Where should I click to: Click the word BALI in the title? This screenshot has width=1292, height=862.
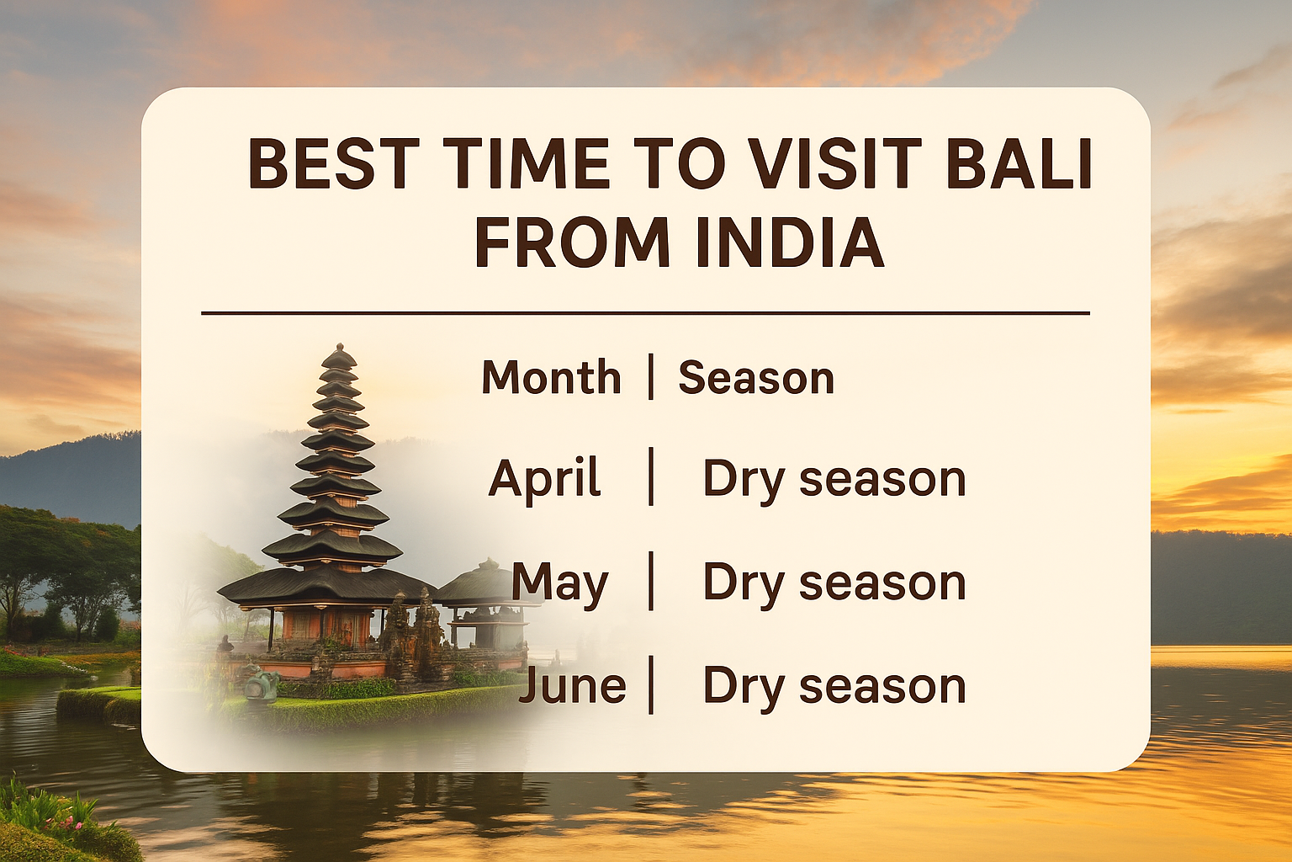1019,163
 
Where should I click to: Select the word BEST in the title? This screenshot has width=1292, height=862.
334,163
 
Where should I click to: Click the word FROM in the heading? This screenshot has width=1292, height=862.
572,243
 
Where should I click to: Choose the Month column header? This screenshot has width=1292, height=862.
551,377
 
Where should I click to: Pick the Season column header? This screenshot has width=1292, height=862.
755,377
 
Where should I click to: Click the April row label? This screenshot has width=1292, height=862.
544,479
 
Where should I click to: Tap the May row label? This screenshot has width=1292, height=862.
559,583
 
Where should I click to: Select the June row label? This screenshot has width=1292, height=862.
573,685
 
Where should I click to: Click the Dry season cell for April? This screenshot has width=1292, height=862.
834,479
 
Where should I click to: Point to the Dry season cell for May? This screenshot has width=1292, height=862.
834,583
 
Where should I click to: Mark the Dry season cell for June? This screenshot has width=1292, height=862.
834,685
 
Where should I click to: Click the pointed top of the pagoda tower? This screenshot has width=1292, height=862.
339,349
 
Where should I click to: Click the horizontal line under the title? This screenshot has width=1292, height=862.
645,313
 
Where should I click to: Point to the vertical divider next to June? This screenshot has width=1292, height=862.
651,685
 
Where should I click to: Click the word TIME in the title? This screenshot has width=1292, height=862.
526,163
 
